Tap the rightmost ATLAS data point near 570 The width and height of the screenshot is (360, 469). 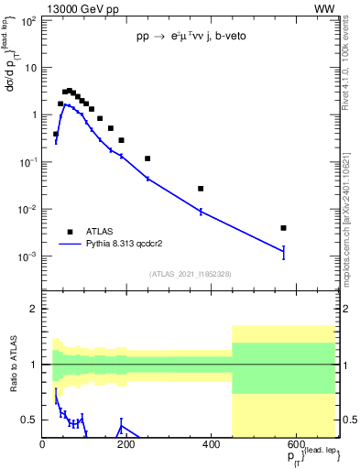pyautogui.click(x=284, y=228)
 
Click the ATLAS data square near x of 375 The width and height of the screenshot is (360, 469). pyautogui.click(x=201, y=189)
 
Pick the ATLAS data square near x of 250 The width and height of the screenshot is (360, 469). pyautogui.click(x=147, y=158)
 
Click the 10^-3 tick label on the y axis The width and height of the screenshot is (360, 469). pyautogui.click(x=28, y=256)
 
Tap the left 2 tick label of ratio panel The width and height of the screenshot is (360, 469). pyautogui.click(x=33, y=309)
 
